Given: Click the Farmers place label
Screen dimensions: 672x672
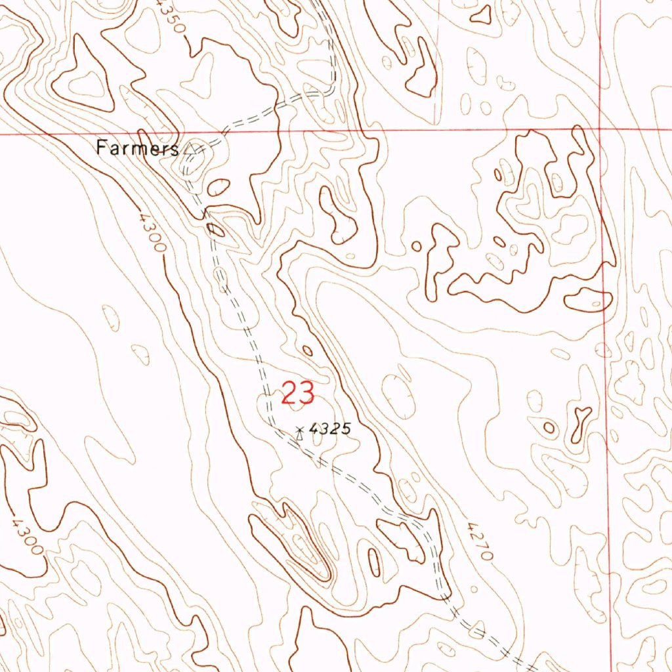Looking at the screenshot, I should coord(136,148).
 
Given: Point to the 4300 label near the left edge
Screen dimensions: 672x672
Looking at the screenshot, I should coord(26,534).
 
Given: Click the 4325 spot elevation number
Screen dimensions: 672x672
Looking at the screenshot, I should coord(330,429).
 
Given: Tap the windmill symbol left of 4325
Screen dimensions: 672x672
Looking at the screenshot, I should coord(300,432).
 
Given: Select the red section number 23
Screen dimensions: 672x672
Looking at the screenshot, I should coord(298,394).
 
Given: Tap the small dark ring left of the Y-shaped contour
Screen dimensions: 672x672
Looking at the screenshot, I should coord(549,428).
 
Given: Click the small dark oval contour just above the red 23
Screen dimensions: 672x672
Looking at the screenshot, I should coord(307,350).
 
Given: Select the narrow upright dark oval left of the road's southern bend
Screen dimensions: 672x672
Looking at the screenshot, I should coord(374,562).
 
